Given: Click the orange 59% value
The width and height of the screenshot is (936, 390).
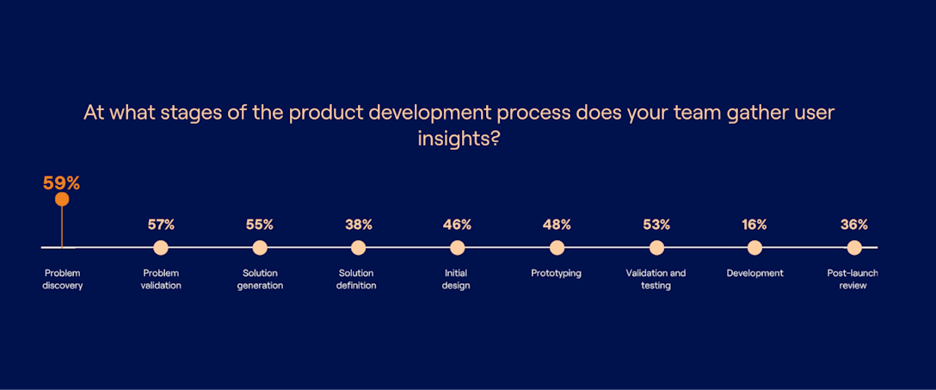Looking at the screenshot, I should coord(62,183).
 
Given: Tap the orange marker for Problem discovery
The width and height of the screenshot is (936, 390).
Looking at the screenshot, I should coord(62,200).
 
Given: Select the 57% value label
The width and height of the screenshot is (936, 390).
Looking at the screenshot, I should coord(161,225).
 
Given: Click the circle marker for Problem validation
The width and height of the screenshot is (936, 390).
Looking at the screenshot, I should coord(161,248).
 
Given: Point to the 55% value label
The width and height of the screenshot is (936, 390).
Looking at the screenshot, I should coord(260,225).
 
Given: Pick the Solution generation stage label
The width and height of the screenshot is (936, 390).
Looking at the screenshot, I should coord(260,280).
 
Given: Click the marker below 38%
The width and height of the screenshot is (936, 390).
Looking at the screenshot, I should coord(359,248).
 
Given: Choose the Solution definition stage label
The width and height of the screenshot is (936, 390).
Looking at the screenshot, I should coord(357,280).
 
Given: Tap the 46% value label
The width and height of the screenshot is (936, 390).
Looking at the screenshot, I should coord(457,225).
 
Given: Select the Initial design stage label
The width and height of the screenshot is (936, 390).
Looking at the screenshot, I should coord(456,280).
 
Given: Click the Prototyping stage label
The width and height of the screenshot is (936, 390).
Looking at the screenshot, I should coord(557,274).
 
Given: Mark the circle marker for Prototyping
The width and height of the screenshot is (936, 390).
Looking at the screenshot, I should coord(557,248).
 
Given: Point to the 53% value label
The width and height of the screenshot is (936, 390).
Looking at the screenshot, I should coord(656,225).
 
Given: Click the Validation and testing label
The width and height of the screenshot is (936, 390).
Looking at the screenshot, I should coord(656,280).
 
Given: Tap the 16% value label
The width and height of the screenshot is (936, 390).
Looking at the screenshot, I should coord(754,225).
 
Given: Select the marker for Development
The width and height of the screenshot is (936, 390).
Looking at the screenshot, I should coord(754,248).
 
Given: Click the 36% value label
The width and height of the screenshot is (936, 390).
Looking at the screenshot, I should coord(853,225).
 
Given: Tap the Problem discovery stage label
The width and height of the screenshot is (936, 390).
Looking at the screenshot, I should coord(63,280).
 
